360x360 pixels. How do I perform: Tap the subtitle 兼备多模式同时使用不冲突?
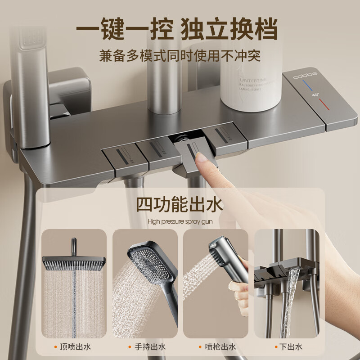[x=180, y=56]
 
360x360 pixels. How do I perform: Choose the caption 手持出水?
[x=148, y=346]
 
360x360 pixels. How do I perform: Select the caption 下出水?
[x=290, y=346]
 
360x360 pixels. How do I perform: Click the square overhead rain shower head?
[x=74, y=261]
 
